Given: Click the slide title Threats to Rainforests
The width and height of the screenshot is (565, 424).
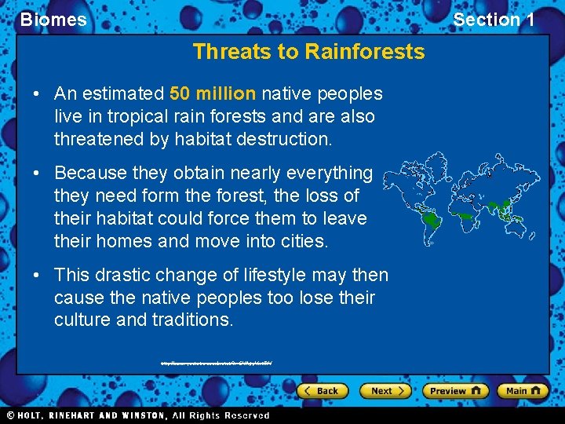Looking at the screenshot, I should pos(308,52).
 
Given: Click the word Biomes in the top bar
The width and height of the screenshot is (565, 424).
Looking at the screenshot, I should pos(53,20).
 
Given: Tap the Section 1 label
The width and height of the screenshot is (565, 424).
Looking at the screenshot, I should pos(494,20).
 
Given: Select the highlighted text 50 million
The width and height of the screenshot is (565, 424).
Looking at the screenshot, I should pos(213,94).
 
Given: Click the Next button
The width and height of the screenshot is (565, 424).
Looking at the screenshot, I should pos(385,390).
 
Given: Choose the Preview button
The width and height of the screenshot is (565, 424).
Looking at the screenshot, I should pos(455,390).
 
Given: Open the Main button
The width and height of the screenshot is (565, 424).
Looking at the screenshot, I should pos(523,390).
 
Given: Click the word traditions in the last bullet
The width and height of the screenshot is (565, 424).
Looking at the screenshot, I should pos(195,320).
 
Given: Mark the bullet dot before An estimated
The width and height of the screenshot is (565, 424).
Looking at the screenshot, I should pos(37,94).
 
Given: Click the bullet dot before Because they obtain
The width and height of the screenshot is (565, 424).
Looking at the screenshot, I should pos(37,173).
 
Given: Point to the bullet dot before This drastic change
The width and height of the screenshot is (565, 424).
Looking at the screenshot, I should pos(37,275).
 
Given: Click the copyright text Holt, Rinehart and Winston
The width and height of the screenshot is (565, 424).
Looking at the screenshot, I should pos(137,415).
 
